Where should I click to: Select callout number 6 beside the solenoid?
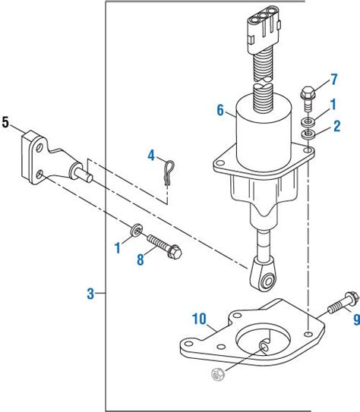coord(220,111)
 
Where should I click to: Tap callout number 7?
coord(333,80)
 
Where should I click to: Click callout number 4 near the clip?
coord(151,156)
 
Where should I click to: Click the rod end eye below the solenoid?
coord(265,281)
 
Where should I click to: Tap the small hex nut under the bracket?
coord(216,374)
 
